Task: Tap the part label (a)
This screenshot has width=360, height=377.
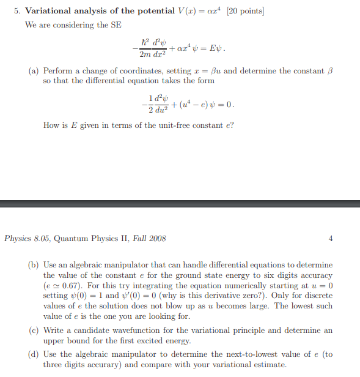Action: tap(34, 71)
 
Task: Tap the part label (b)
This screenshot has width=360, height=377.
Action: tap(34, 265)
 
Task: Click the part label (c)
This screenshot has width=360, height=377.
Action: tap(34, 330)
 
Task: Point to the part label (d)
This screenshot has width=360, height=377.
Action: tap(34, 354)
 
